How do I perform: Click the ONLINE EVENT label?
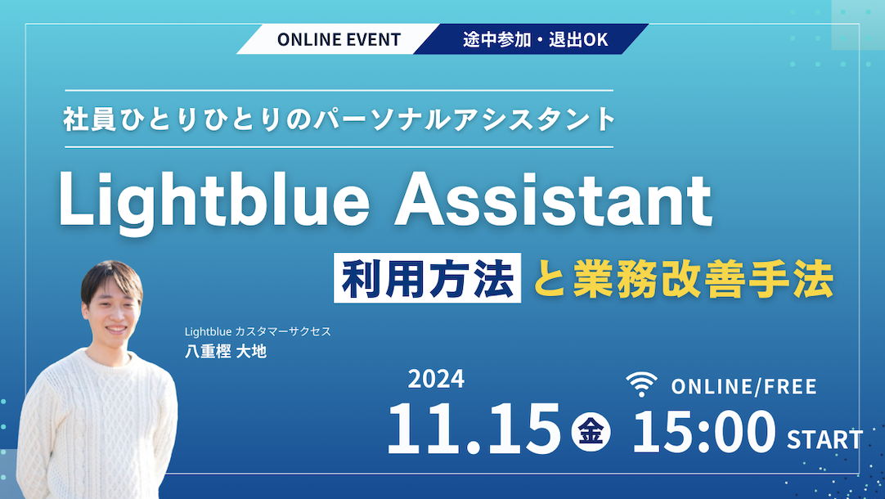tap(339, 39)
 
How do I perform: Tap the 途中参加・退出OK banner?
tap(536, 39)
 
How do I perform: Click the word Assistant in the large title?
tap(553, 201)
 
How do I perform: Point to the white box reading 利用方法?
tap(427, 281)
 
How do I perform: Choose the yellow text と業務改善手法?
tap(683, 281)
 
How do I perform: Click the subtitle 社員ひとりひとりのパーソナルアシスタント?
tap(339, 119)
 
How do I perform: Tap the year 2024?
tap(436, 379)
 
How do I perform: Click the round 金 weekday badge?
tap(591, 432)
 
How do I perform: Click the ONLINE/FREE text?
tap(743, 386)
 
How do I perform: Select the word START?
tap(824, 440)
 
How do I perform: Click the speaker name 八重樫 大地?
tap(227, 351)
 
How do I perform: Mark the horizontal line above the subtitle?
tap(339, 90)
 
